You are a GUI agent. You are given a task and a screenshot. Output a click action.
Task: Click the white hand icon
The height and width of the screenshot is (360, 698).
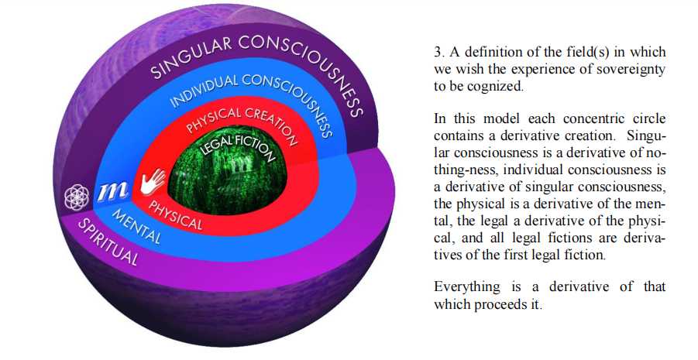tap(153, 181)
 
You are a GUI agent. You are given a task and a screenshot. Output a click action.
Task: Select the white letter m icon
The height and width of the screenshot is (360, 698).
tap(113, 191)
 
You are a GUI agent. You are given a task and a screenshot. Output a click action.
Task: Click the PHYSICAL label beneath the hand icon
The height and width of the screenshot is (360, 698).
tap(175, 215)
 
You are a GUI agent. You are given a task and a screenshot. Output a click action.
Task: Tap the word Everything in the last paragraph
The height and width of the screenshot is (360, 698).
tap(467, 287)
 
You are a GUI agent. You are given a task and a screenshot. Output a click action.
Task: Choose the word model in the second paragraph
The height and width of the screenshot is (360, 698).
tap(501, 119)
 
